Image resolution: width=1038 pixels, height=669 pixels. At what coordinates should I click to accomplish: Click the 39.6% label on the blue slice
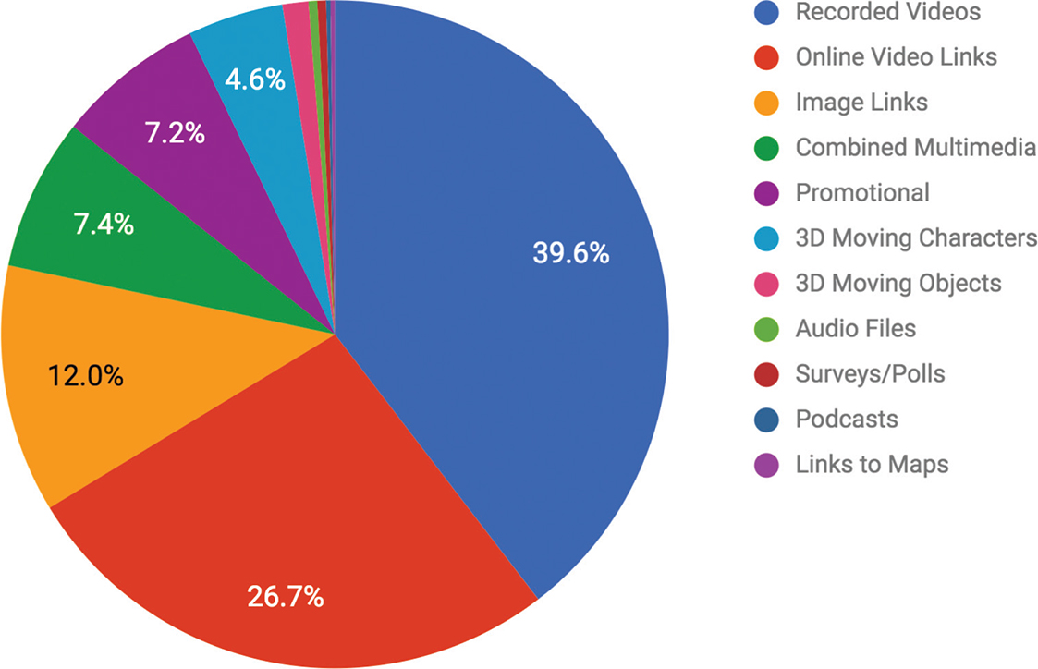point(570,252)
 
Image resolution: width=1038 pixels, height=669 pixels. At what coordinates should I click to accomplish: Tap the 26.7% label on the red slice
point(286,596)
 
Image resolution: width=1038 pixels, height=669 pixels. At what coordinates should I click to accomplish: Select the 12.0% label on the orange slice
point(85,376)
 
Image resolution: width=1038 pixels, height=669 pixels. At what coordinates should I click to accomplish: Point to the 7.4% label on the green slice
point(103,223)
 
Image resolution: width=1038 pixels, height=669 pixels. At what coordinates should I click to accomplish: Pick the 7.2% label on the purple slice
point(174,133)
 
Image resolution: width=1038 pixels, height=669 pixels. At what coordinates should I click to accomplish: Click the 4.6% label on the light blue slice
point(254,79)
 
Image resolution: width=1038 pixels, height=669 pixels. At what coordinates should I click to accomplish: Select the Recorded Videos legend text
point(888,12)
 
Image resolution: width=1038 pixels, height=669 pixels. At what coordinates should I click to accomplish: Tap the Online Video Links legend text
point(896,57)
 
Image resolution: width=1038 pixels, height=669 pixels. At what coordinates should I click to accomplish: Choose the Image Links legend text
point(861,103)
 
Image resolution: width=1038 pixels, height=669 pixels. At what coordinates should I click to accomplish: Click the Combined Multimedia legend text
point(916,147)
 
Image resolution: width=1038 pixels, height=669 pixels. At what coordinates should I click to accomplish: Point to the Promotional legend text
point(862,192)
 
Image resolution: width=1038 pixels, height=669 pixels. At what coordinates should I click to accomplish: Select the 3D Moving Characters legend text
point(916,237)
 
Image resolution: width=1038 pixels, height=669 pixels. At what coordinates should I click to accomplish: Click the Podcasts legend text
point(847,419)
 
